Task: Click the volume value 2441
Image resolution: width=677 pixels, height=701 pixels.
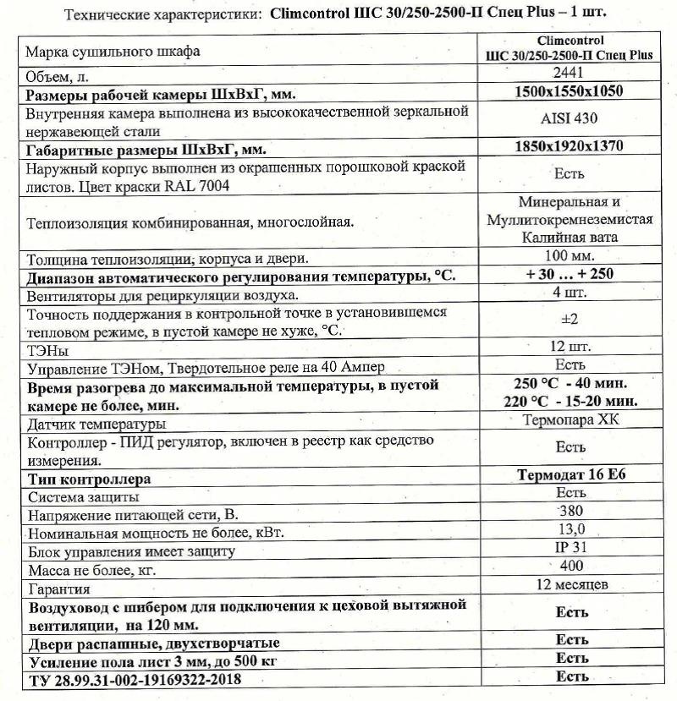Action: [x=569, y=74]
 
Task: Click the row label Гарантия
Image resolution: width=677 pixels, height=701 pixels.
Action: [x=59, y=589]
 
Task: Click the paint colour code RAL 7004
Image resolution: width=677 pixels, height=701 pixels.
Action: [x=187, y=187]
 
